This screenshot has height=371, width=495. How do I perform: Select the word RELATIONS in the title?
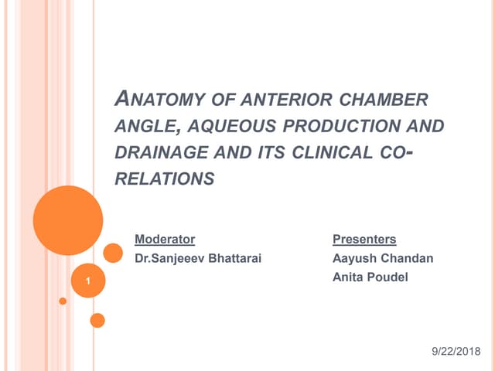pyautogui.click(x=164, y=179)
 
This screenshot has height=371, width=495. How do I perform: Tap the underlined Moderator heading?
pyautogui.click(x=165, y=240)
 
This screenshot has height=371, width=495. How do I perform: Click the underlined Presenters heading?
pyautogui.click(x=364, y=240)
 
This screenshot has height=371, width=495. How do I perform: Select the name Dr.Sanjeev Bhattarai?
pyautogui.click(x=198, y=258)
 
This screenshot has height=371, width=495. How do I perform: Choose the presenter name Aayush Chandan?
pyautogui.click(x=382, y=258)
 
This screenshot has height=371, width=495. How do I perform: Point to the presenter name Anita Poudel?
pyautogui.click(x=370, y=277)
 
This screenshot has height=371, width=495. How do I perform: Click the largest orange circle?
pyautogui.click(x=68, y=220)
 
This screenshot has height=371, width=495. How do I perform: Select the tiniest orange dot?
pyautogui.click(x=63, y=301)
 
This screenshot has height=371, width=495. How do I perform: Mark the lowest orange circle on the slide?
pyautogui.click(x=97, y=320)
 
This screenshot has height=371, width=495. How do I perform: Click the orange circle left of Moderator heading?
pyautogui.click(x=113, y=253)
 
